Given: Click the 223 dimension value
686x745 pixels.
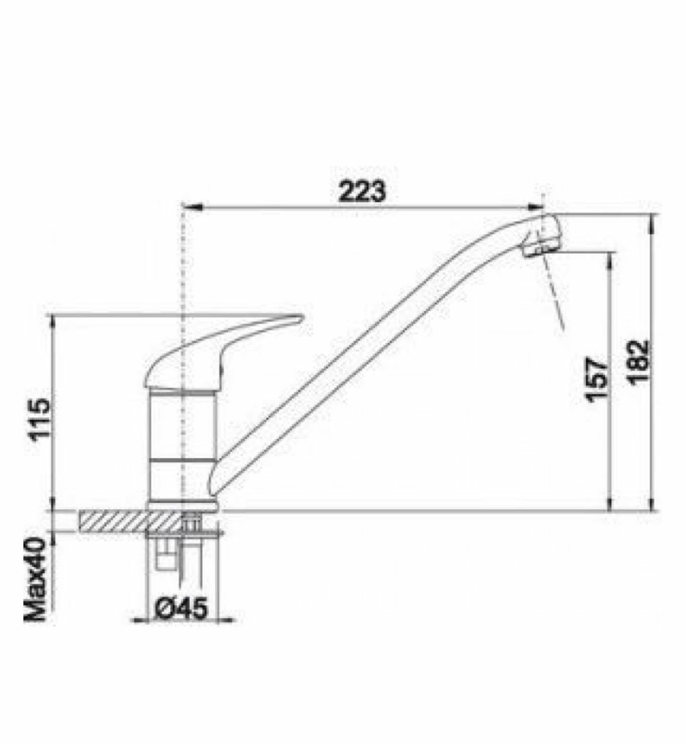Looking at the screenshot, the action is (362, 191).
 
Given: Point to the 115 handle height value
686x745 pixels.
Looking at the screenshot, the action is (39, 419).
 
